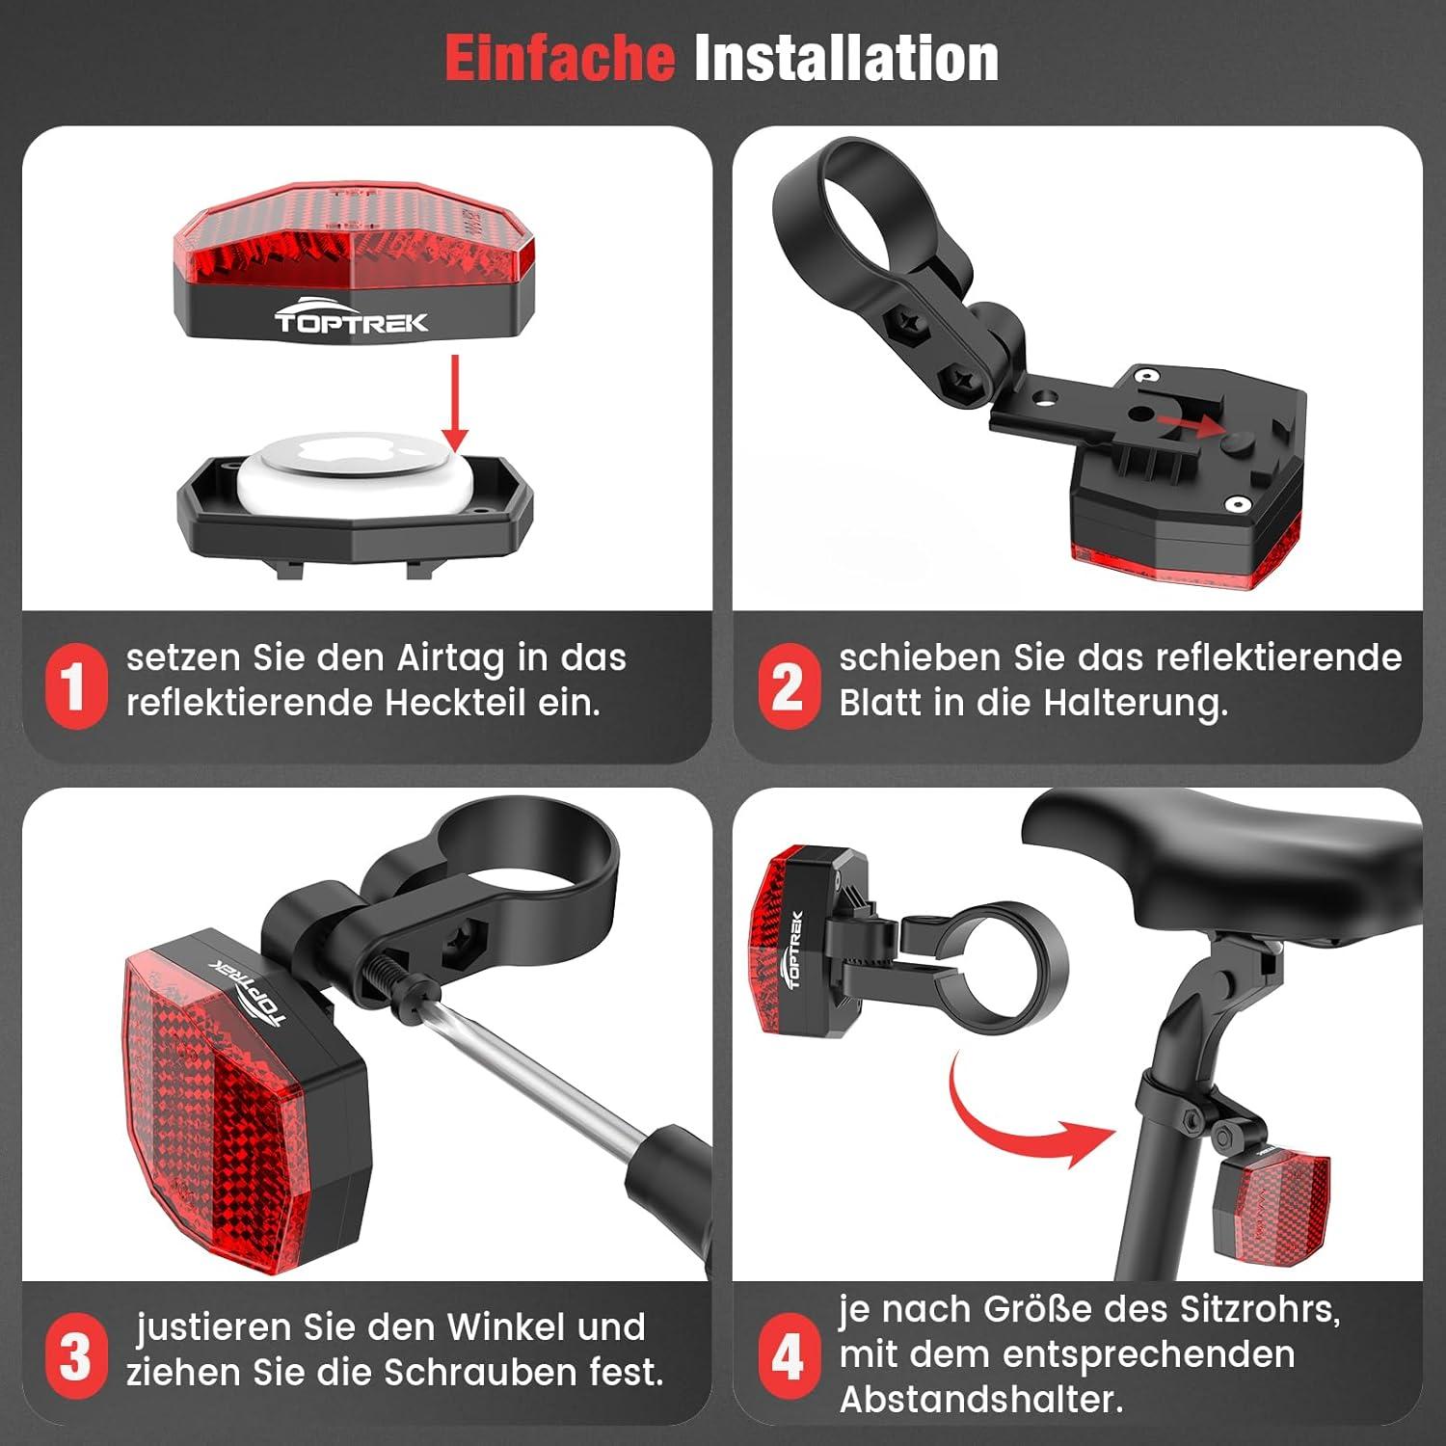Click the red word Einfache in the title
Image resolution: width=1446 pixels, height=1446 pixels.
(x=559, y=58)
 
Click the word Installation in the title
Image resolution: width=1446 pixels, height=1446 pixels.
(x=846, y=58)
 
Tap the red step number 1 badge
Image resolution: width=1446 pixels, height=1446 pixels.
(x=76, y=685)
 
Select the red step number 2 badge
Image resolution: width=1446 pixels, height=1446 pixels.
(x=789, y=685)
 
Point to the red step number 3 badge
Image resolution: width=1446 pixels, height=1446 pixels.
(x=76, y=1355)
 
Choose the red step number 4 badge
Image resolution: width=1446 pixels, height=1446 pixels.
(x=789, y=1355)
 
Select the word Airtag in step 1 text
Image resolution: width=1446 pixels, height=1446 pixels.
(x=450, y=659)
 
